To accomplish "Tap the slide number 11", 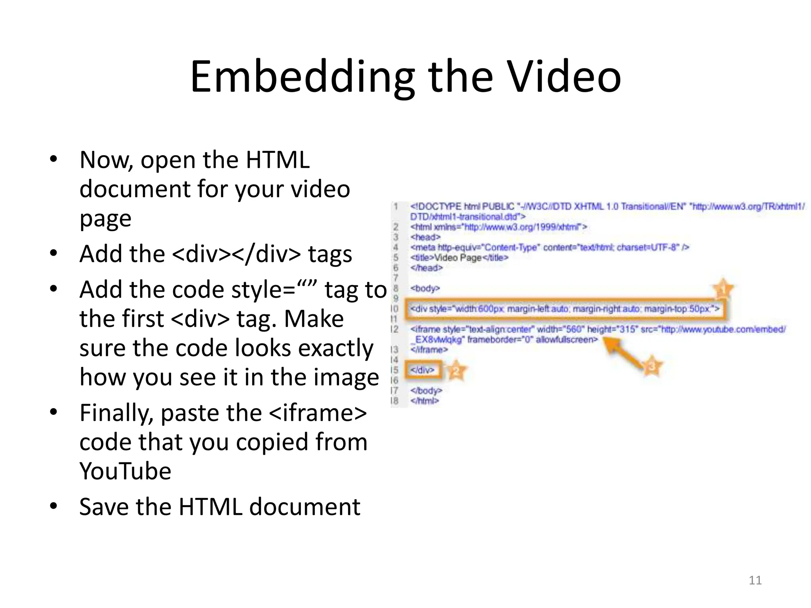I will [x=755, y=580].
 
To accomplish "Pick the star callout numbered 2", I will [x=456, y=370].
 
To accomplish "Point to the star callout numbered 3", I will [x=652, y=367].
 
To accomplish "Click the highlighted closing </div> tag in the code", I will [x=423, y=370].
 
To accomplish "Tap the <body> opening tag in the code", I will [x=425, y=288].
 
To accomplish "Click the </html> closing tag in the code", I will [x=425, y=401].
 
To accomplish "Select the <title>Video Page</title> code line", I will [x=459, y=258].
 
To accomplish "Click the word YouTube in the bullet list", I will [x=125, y=471].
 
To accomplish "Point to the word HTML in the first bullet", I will [x=277, y=160].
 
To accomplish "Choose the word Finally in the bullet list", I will [x=116, y=413].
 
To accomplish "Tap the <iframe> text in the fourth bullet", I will [x=318, y=413].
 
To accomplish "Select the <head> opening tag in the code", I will [x=425, y=237].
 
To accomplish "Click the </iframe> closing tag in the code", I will [x=429, y=350].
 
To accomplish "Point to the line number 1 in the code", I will [x=395, y=206].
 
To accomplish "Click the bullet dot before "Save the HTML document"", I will [x=53, y=506].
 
